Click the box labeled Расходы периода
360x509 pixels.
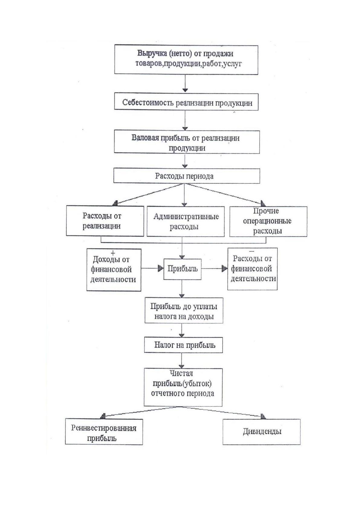[x=186, y=176]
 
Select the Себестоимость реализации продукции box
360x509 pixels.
[x=186, y=102]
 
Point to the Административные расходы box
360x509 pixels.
[x=186, y=221]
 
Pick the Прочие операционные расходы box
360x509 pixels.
[x=268, y=221]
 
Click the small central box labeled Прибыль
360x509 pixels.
[x=183, y=269]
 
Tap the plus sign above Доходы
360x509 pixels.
[x=113, y=253]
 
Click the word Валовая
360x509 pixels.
[x=145, y=138]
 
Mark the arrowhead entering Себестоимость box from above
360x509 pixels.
[x=185, y=90]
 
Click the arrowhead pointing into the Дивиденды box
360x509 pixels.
[x=263, y=416]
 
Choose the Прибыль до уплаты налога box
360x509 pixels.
[x=184, y=310]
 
